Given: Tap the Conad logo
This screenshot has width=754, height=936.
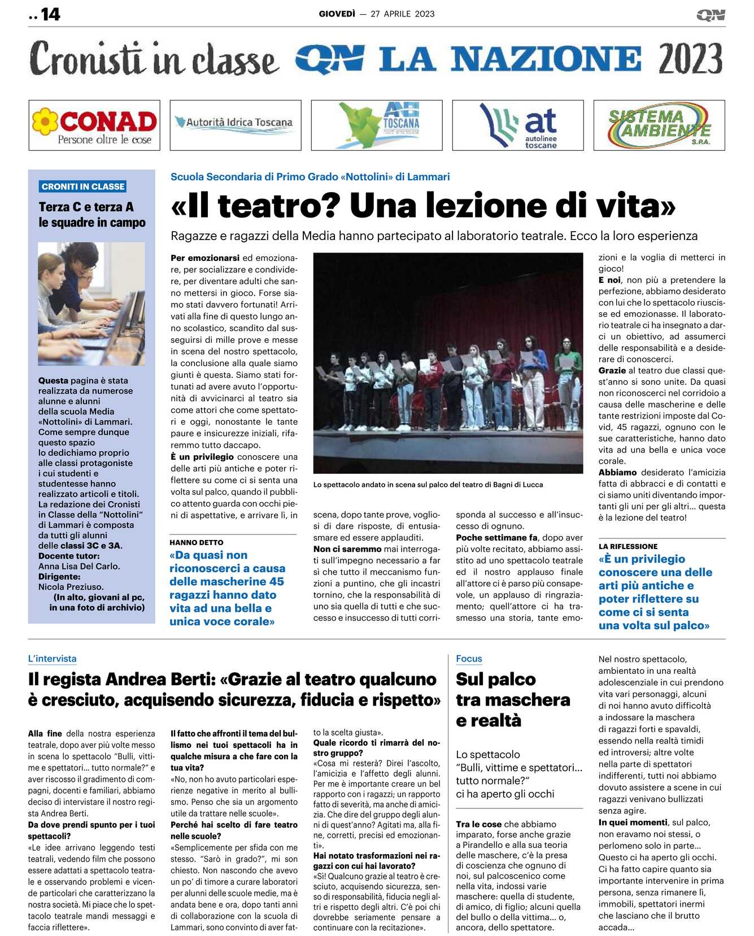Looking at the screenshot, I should click(94, 125).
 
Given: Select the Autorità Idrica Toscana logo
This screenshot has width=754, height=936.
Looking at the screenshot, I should click(236, 125).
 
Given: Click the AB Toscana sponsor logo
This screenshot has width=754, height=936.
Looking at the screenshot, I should click(377, 125).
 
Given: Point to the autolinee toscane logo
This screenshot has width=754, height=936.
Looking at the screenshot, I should click(518, 125).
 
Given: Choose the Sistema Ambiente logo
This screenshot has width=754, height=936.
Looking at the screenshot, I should click(659, 125).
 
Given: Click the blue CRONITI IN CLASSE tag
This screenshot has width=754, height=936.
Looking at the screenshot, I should click(83, 186).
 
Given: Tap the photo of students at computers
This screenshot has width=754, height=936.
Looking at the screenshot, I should click(91, 303).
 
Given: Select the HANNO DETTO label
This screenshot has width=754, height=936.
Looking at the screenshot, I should click(197, 542).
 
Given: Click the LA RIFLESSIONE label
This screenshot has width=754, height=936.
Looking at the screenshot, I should click(628, 546).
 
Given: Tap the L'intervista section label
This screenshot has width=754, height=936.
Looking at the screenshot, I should click(52, 659).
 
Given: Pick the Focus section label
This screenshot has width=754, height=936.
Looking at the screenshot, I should click(469, 659).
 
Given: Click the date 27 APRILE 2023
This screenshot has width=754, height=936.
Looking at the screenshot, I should click(403, 14).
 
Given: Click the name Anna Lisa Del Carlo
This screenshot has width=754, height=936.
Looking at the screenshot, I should click(79, 566).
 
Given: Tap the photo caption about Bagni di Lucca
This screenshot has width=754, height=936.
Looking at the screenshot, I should click(428, 485).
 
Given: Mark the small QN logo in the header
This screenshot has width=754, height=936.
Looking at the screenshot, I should click(711, 15).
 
